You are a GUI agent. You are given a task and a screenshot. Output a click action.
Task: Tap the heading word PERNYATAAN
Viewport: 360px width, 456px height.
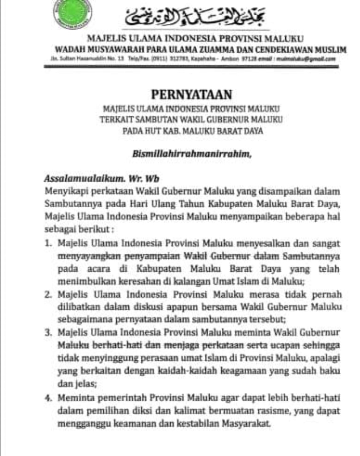point(191,94)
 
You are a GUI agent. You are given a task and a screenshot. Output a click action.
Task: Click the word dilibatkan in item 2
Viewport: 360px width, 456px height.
point(75,307)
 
